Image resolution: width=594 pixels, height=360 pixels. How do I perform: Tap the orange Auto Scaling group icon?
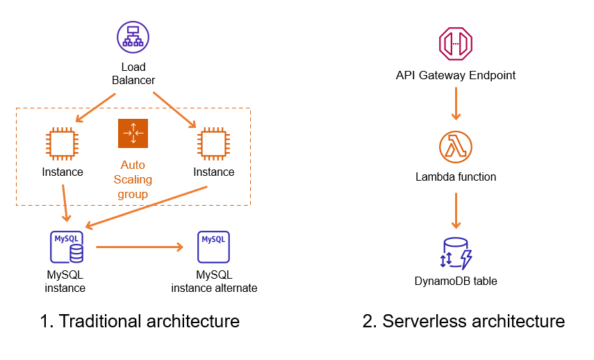pos(133,133)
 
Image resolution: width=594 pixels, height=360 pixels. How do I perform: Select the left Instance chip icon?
pos(63,143)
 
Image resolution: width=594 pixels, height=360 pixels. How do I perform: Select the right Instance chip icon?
pos(213,143)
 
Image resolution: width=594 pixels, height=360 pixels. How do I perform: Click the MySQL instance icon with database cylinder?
pos(67,247)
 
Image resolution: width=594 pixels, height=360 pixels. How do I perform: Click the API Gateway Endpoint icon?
pos(456,43)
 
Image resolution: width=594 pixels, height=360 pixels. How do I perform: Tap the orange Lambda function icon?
pos(456,147)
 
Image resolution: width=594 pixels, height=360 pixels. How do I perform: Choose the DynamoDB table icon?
pos(456,254)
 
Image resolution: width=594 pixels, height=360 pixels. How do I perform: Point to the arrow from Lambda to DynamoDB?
pos(456,210)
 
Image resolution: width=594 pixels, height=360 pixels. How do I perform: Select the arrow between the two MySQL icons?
pos(140,247)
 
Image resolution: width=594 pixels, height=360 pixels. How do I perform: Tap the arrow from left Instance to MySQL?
pos(65,203)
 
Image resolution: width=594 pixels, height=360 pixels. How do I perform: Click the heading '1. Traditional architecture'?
pos(140,321)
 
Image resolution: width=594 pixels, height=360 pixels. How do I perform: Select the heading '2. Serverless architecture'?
pos(463,321)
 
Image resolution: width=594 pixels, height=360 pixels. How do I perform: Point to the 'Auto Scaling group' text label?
pos(133,179)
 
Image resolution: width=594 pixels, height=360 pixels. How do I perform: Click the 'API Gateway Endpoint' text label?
pos(456,75)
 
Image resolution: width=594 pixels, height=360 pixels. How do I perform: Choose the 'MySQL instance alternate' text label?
pos(214,281)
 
